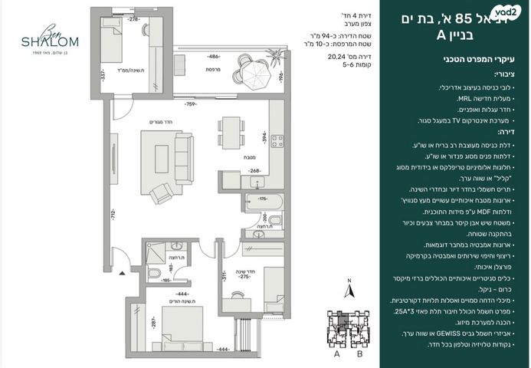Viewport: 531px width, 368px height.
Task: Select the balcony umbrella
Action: pos(253,74)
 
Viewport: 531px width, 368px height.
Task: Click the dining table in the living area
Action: pos(226,130)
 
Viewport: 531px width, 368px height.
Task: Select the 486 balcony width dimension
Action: pos(212,57)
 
